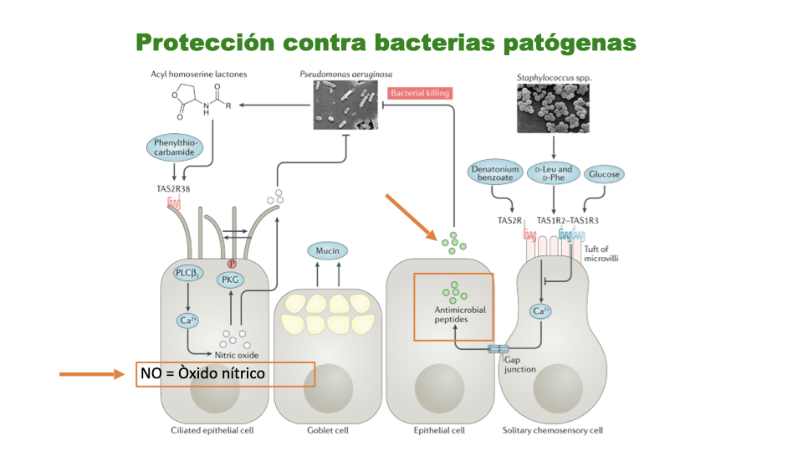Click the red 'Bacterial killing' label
click(420, 93)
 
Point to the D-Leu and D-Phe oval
click(553, 174)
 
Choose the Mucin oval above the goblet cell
click(327, 249)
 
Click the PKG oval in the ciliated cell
click(228, 280)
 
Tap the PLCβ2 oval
click(187, 273)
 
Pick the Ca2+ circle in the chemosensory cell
click(541, 311)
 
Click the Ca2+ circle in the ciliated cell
click(187, 321)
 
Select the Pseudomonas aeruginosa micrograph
click(346, 105)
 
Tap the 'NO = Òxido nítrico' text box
click(225, 373)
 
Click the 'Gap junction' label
click(519, 363)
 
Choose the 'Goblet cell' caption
click(327, 430)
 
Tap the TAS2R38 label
click(174, 188)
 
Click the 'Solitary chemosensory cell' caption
click(552, 430)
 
